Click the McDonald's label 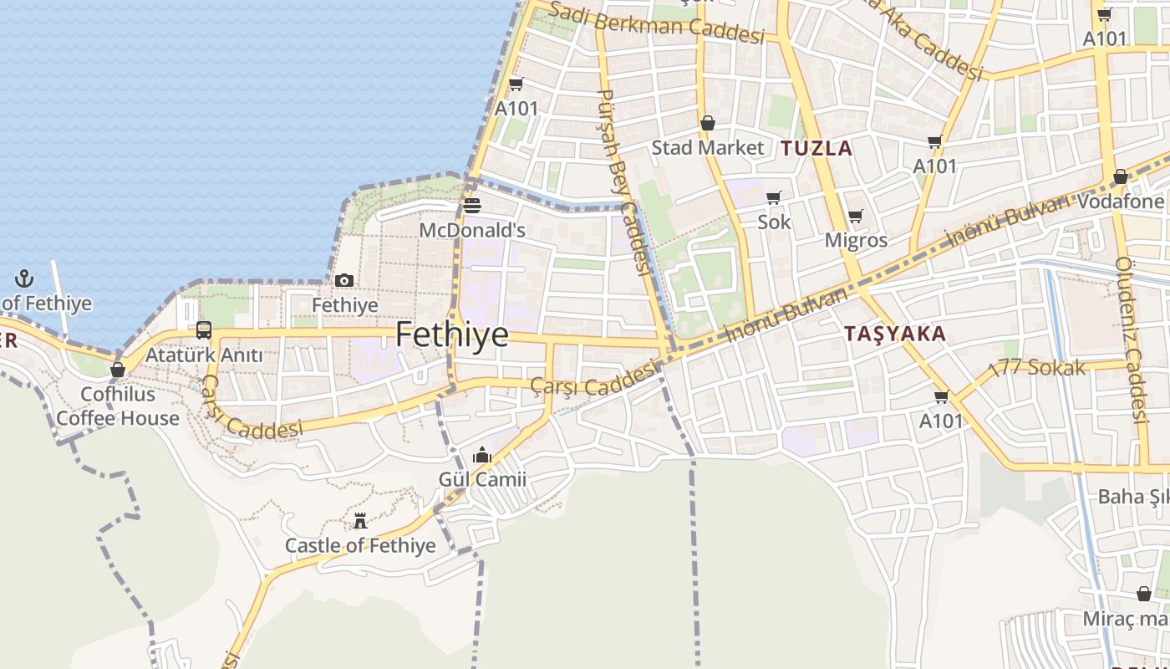pos(472,230)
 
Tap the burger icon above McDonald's pos(472,206)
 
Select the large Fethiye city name pos(451,334)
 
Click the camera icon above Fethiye pos(344,281)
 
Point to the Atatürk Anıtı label pos(204,355)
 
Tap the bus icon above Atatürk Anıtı pos(204,330)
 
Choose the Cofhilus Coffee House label pos(118,406)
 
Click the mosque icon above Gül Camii pos(481,456)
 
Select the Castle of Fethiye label pos(360,545)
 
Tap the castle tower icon pos(360,521)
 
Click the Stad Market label pos(707,148)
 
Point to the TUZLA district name pos(816,149)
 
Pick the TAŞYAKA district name pos(894,334)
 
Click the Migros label pos(856,241)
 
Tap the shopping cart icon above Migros pos(856,217)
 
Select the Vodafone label pos(1120,202)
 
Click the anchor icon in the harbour pos(25,278)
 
